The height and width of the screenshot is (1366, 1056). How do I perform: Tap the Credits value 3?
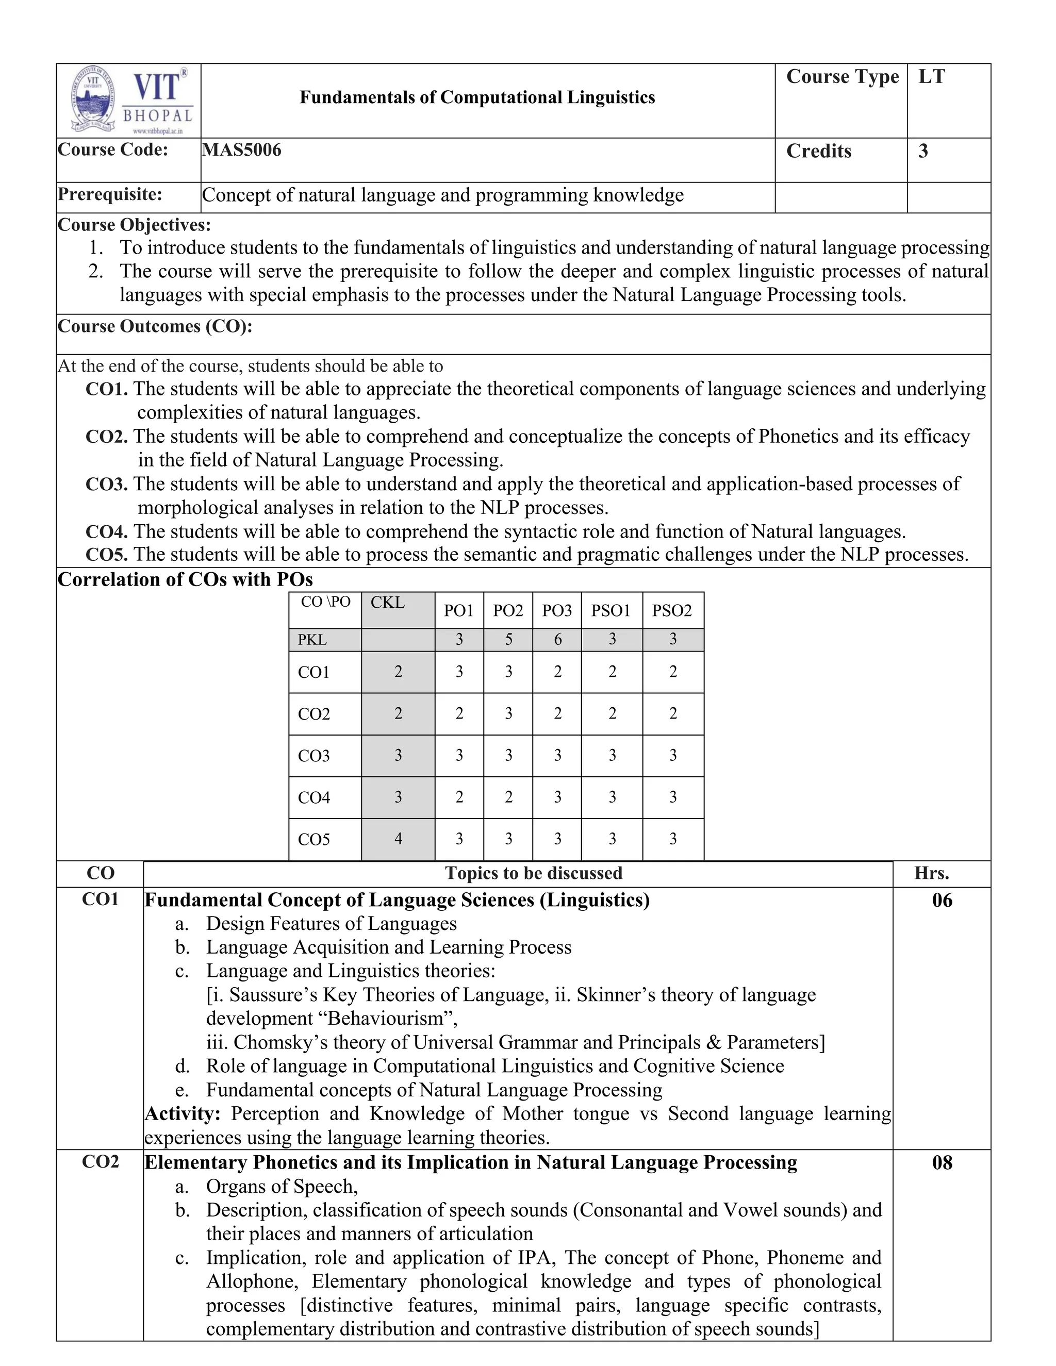pos(923,152)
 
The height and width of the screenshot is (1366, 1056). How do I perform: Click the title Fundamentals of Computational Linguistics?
pos(477,97)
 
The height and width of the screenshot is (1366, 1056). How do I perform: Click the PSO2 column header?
pos(672,610)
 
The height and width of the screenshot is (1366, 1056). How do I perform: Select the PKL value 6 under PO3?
pos(557,639)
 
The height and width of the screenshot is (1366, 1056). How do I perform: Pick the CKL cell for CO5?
pos(398,839)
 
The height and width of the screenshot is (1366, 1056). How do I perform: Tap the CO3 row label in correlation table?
pos(313,756)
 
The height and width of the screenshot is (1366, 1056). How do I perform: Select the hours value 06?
pos(942,901)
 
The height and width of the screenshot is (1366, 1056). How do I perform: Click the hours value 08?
pos(942,1163)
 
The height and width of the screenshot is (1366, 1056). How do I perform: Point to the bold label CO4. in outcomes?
pos(106,531)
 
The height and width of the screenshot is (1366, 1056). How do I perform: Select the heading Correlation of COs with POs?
pos(185,580)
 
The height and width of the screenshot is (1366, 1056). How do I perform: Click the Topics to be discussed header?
pos(533,873)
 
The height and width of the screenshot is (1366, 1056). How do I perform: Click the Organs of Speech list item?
pos(282,1187)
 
